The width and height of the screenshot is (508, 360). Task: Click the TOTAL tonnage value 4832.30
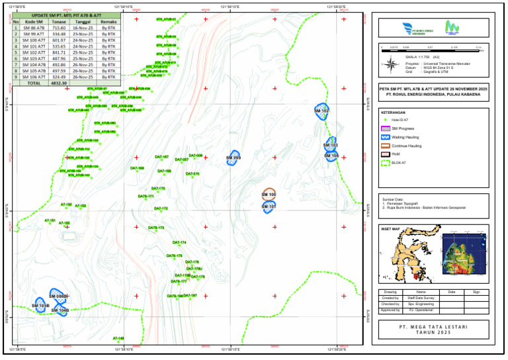click(60, 83)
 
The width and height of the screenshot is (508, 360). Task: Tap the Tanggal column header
click(83, 22)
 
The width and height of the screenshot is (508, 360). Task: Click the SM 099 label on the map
click(233, 157)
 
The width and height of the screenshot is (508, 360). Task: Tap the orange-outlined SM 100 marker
click(269, 195)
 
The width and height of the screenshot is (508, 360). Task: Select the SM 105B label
click(40, 306)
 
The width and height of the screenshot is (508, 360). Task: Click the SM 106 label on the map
click(331, 156)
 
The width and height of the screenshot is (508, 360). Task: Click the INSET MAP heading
click(391, 229)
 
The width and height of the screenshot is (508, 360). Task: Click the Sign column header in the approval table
click(476, 292)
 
